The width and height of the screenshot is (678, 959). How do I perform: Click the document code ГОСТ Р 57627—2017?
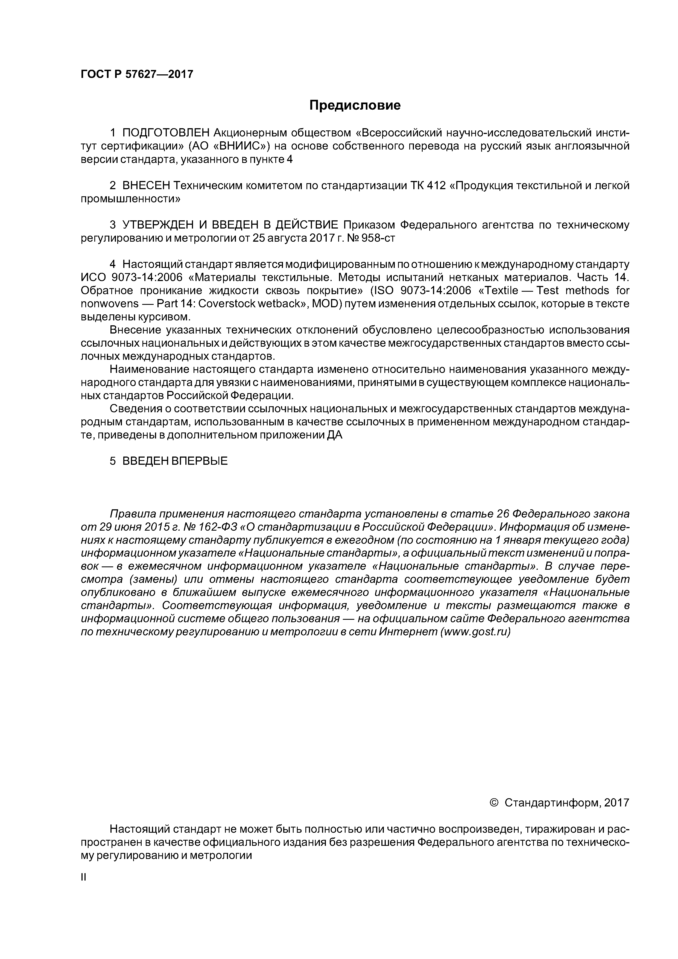tap(137, 74)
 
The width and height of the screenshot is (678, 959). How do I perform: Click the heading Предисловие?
tap(355, 105)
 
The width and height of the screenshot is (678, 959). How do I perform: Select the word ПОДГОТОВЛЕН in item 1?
tap(166, 133)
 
